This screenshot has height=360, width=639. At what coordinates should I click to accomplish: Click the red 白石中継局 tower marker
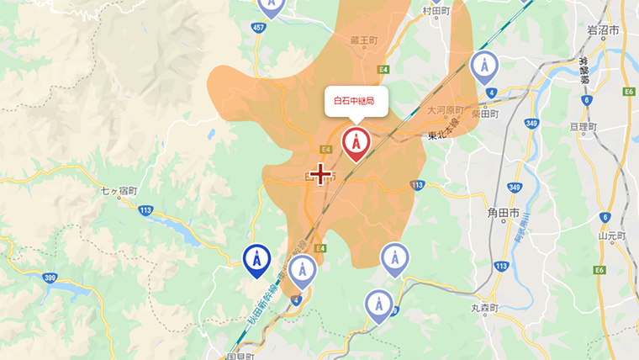(x=356, y=144)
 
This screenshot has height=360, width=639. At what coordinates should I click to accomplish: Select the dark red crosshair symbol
(x=320, y=174)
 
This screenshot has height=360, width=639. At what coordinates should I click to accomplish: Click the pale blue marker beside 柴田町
(x=483, y=66)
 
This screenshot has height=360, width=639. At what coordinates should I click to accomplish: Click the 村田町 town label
(x=436, y=11)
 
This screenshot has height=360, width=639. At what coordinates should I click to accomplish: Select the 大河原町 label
(x=446, y=110)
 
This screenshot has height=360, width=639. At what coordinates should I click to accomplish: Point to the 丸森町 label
(x=485, y=309)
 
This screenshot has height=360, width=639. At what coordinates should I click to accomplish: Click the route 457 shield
(x=259, y=28)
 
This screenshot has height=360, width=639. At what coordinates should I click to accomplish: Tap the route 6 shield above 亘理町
(x=586, y=100)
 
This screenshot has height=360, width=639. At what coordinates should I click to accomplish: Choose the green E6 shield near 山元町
(x=600, y=269)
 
